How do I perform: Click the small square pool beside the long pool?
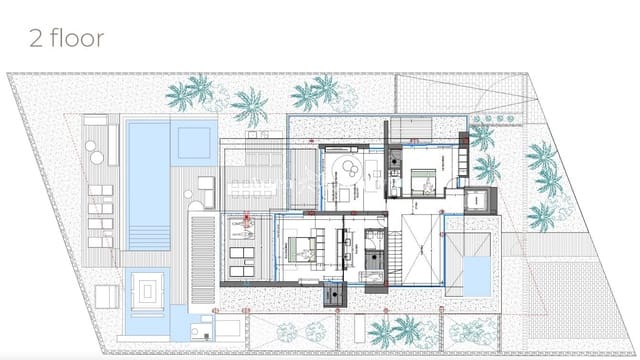(194, 141)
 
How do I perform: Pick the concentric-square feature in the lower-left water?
(147, 293)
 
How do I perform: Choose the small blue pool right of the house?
(473, 271)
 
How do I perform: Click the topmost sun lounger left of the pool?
(101, 190)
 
